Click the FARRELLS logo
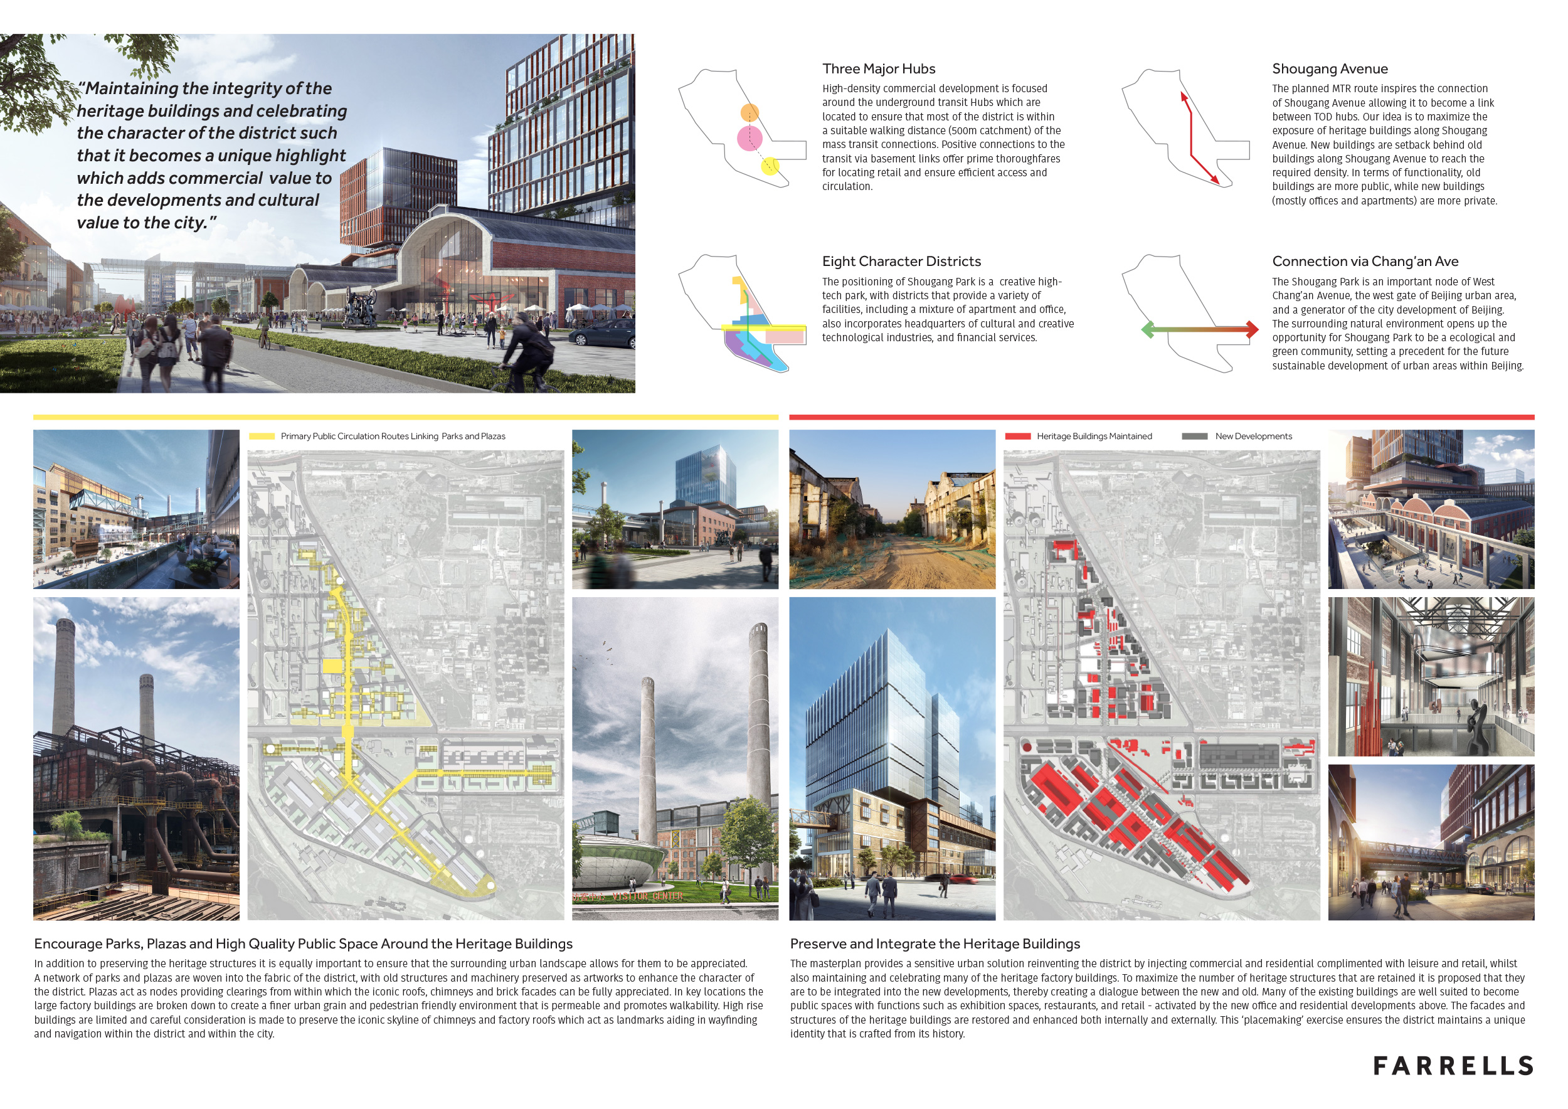(x=1453, y=1066)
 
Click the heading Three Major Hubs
(x=878, y=69)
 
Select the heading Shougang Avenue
(x=1329, y=69)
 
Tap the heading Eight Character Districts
(x=901, y=262)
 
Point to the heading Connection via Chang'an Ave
(x=1365, y=262)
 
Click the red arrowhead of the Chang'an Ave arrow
(x=1251, y=330)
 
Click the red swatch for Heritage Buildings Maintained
(x=1017, y=437)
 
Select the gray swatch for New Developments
(x=1194, y=437)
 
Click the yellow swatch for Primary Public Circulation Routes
(x=262, y=437)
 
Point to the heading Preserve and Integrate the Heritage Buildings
(x=935, y=944)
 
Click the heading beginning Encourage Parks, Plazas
(x=303, y=944)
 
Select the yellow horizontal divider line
(x=405, y=417)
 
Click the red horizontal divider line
(x=1161, y=417)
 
